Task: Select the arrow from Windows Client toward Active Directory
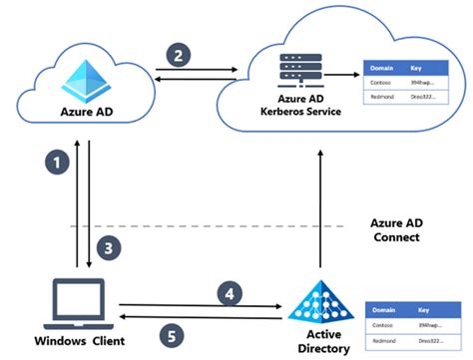point(200,304)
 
